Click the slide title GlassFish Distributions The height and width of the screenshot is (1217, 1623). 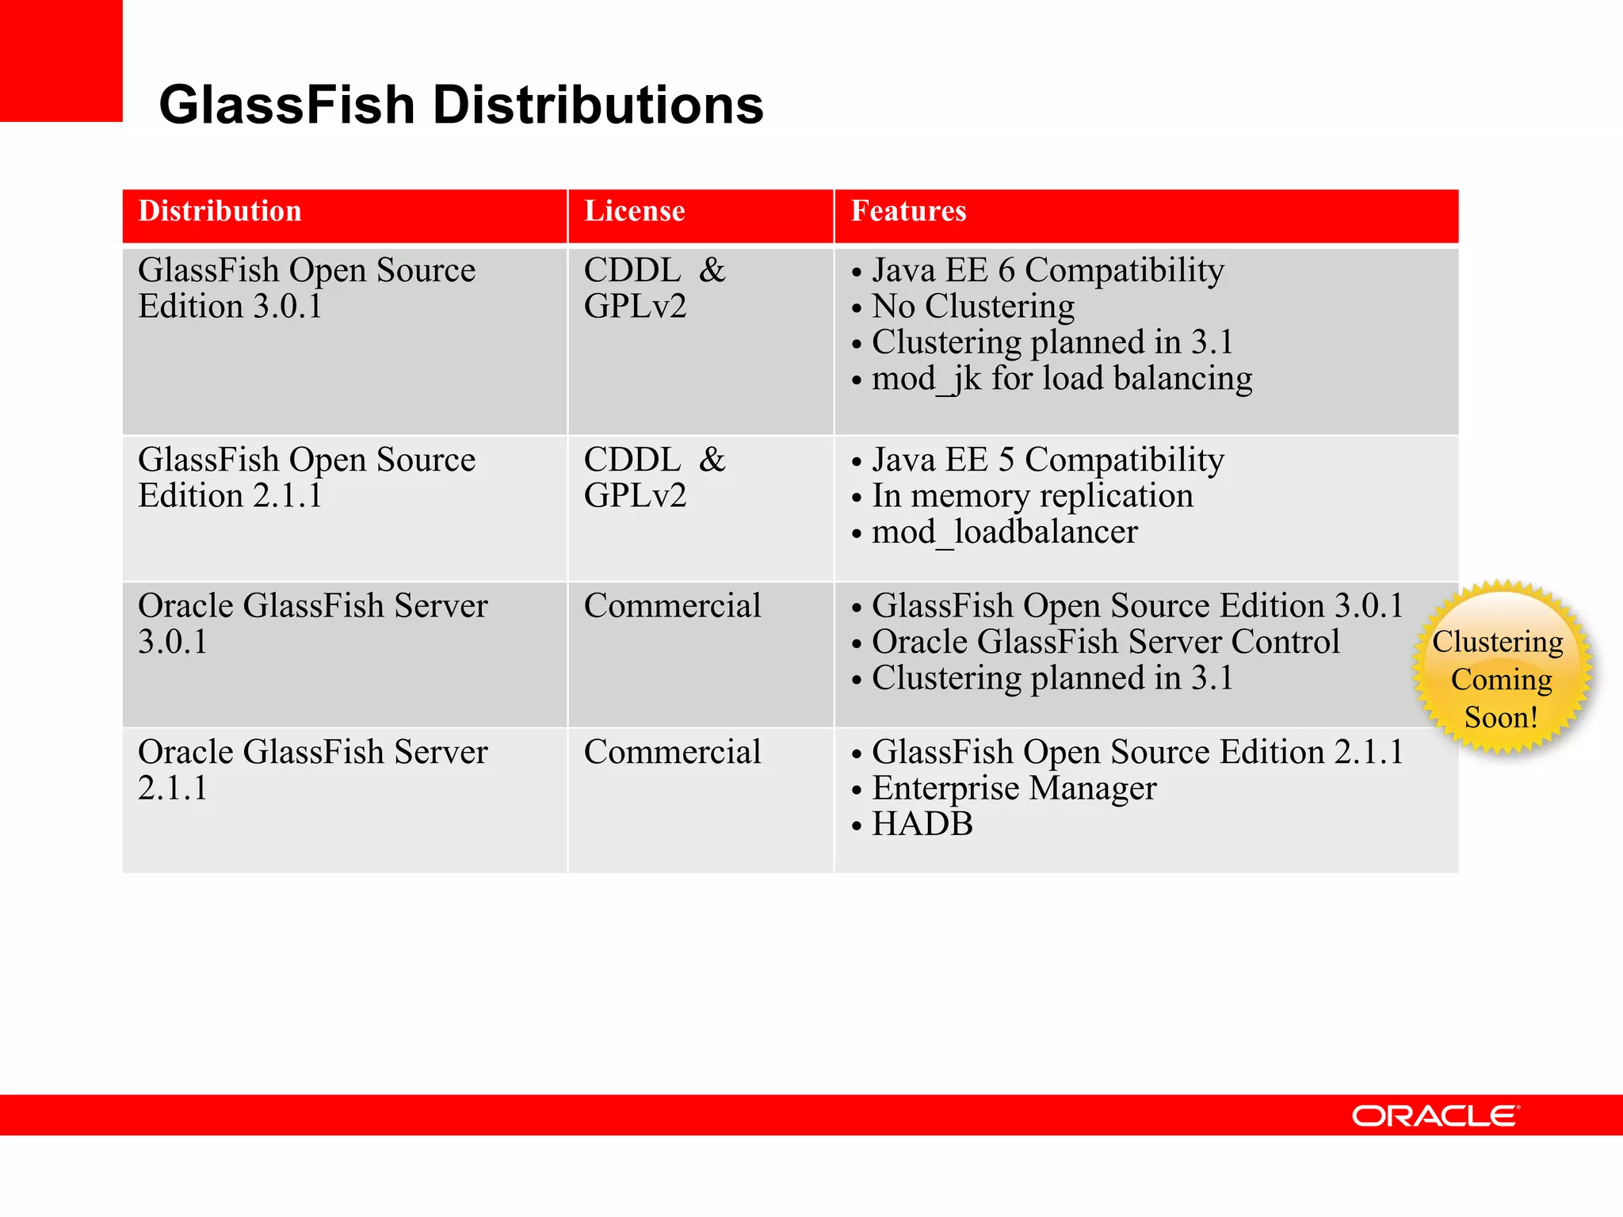(461, 105)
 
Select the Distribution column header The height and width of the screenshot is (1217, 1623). (220, 212)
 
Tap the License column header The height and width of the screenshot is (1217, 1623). (634, 212)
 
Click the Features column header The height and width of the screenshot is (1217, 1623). (908, 212)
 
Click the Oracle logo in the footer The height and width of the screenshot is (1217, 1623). (1434, 1116)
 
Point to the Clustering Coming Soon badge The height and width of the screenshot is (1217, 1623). (1501, 667)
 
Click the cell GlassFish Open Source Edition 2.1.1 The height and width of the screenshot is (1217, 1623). (307, 478)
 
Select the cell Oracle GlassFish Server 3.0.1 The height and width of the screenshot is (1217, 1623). (312, 624)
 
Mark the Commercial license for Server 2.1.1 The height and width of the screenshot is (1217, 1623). (672, 753)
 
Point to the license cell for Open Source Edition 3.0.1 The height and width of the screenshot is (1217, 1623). (655, 288)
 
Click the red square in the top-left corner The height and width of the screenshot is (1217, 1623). (61, 60)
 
